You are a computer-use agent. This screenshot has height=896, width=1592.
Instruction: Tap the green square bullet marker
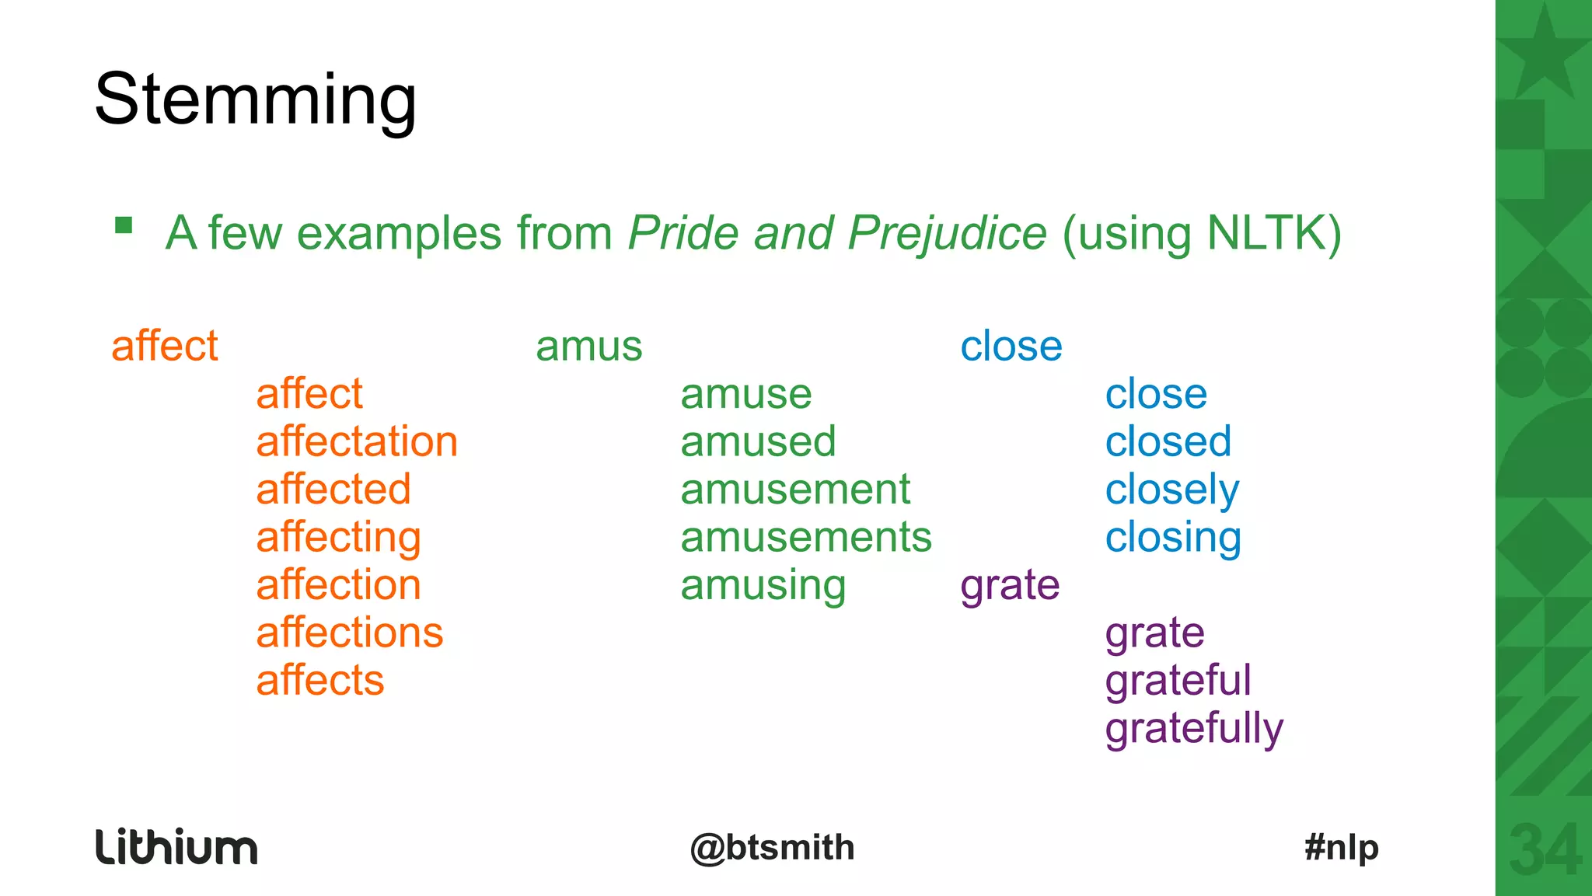pos(124,225)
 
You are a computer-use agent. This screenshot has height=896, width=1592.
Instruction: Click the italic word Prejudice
pos(947,233)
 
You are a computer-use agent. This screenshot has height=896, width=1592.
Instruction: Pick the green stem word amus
pos(588,347)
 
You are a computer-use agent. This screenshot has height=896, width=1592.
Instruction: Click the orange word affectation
pos(357,441)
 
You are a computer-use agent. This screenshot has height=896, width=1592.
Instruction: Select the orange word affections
pos(349,633)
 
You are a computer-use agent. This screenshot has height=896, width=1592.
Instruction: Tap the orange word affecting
pos(338,538)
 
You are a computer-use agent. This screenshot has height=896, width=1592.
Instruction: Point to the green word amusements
pos(805,538)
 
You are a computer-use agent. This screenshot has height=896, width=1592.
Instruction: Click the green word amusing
pos(763,586)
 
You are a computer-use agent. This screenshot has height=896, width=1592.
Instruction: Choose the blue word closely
pos(1171,490)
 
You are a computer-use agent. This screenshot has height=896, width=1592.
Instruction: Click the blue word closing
pos(1172,538)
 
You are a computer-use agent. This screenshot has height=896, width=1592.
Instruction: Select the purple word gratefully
pos(1193,729)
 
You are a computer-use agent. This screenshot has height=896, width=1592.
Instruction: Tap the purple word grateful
pos(1178,681)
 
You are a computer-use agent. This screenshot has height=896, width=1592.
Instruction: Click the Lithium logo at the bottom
pos(176,847)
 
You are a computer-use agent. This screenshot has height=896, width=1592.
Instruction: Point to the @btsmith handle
pos(772,847)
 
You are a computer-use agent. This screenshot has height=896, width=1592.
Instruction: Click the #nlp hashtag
pos(1341,847)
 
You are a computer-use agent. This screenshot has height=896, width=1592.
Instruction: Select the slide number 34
pos(1544,850)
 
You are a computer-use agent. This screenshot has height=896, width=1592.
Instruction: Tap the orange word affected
pos(333,490)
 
